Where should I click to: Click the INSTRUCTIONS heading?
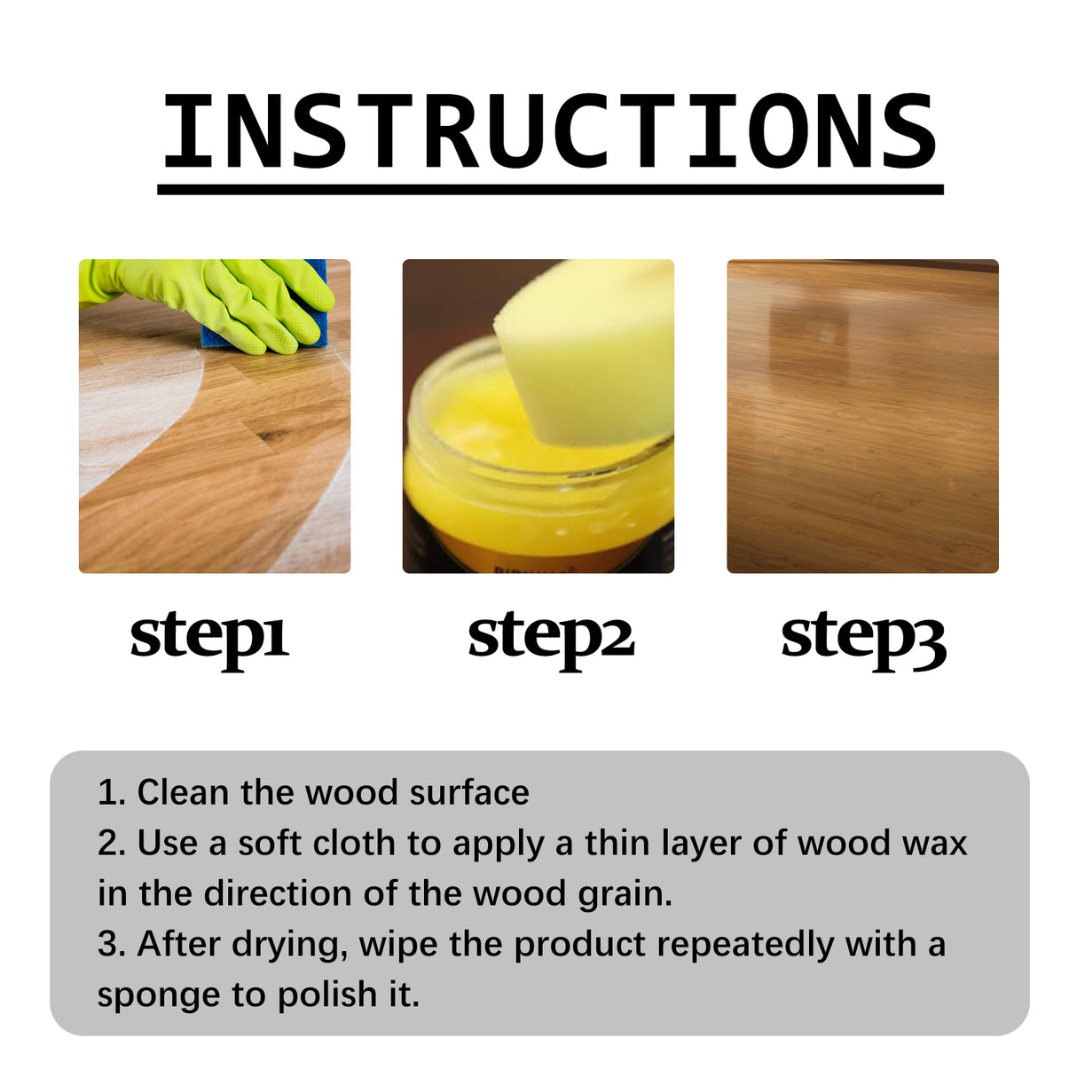coord(550,131)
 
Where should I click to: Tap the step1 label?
coord(209,636)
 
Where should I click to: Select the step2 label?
coord(551,636)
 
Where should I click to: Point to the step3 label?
coord(863,636)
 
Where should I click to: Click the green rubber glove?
coord(222,297)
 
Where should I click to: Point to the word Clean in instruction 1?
coord(183,792)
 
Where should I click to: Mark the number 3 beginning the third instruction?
coord(106,944)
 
